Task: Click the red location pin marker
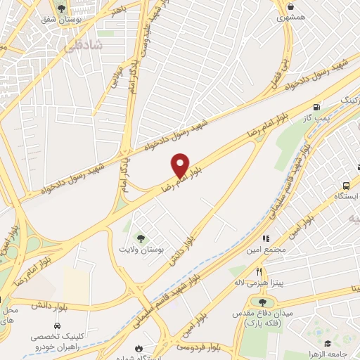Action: point(180,165)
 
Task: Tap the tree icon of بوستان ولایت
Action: point(139,238)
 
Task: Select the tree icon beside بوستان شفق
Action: point(62,9)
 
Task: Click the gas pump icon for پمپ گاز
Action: point(317,107)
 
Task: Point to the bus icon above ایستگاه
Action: point(345,185)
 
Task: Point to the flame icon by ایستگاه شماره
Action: point(139,347)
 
